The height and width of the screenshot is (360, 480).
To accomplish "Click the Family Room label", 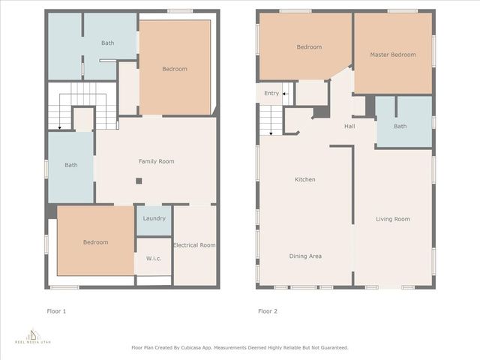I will [x=156, y=161].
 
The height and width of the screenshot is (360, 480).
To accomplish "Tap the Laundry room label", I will [x=154, y=218].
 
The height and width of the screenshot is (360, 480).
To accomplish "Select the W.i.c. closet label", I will [x=154, y=259].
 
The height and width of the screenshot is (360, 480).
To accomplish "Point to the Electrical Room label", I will [x=194, y=245].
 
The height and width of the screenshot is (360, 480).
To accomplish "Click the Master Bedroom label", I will [x=393, y=55].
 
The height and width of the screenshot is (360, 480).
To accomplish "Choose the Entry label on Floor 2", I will [x=271, y=93].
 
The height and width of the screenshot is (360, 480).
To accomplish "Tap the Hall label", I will [x=349, y=126].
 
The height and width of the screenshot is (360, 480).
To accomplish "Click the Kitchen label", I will [x=304, y=180].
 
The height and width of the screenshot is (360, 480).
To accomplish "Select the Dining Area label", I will [x=305, y=256].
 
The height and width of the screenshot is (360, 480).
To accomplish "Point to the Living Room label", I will [x=393, y=219].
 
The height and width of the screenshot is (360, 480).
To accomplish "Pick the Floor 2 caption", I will [x=268, y=310].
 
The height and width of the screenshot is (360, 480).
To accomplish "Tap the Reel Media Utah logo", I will [x=33, y=336].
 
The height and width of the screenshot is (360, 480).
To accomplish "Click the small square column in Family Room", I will [x=139, y=181].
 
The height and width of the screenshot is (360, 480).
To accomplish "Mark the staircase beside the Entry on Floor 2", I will [x=270, y=120].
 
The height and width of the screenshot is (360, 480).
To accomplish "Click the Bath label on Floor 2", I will [x=400, y=126].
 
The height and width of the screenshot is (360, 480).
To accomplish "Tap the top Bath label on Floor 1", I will [x=108, y=43].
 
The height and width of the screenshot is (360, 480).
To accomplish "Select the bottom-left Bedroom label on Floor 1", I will [x=95, y=242].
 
